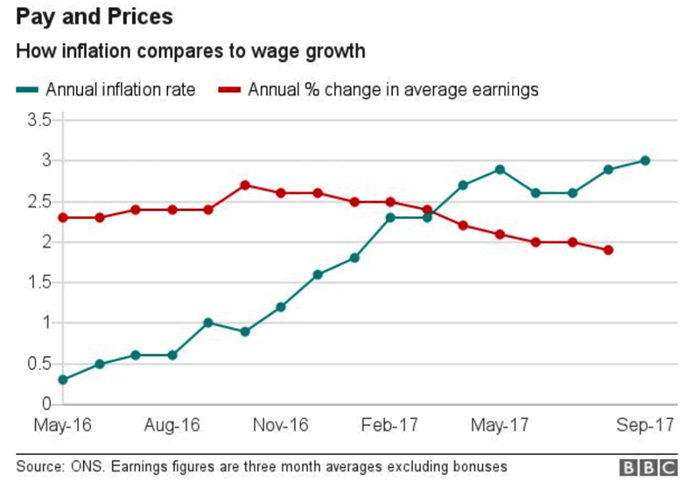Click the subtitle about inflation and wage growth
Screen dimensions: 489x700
click(x=191, y=52)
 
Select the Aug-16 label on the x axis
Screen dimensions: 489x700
click(x=172, y=426)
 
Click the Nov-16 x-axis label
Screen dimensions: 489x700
click(x=281, y=426)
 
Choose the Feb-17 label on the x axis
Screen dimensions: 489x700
click(x=390, y=426)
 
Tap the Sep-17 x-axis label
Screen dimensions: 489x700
click(x=645, y=426)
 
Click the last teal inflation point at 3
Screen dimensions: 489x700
click(x=645, y=160)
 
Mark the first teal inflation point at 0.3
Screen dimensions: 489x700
click(x=63, y=380)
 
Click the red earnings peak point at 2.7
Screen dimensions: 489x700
click(x=245, y=185)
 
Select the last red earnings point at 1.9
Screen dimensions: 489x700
click(x=608, y=250)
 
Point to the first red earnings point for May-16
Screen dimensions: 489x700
click(x=63, y=217)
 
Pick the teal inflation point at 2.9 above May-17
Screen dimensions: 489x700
click(x=500, y=169)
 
